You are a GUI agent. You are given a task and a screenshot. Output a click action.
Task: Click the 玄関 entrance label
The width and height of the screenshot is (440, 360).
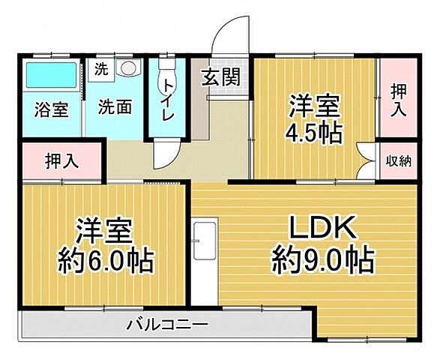tap(220, 76)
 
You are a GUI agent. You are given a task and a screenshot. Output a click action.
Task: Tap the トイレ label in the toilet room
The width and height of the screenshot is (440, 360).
tap(169, 104)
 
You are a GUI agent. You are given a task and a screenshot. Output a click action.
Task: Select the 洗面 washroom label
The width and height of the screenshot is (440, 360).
tap(115, 106)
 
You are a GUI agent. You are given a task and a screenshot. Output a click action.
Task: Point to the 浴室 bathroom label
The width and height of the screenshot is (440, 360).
tap(51, 108)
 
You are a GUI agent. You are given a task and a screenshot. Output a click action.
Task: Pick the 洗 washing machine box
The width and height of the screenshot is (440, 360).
tap(100, 70)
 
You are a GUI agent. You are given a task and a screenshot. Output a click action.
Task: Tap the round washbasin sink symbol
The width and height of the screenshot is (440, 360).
tap(127, 69)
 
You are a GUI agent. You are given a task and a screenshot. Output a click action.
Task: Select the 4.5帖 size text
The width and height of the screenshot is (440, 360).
tap(313, 132)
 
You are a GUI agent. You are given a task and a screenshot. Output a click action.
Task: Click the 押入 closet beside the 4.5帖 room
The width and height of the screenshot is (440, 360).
tap(398, 99)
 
